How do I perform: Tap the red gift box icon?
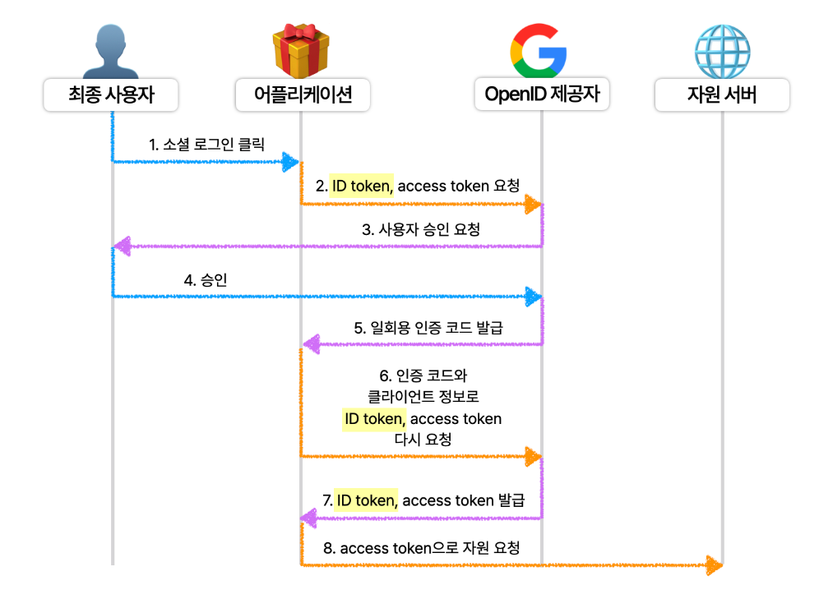point(301,48)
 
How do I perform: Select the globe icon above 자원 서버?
point(722,48)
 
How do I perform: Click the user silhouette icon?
point(112,48)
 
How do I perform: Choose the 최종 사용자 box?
point(111,95)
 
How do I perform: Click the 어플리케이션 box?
point(302,95)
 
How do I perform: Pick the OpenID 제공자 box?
point(542,95)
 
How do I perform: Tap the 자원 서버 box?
point(722,95)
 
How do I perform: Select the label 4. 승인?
point(206,280)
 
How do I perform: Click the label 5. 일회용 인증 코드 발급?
point(428,327)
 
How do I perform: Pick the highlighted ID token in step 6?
point(374,419)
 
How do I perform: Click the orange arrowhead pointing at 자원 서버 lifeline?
point(713,564)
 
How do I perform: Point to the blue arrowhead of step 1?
point(289,162)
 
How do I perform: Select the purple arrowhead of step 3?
point(123,246)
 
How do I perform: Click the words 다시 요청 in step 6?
point(423,440)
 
